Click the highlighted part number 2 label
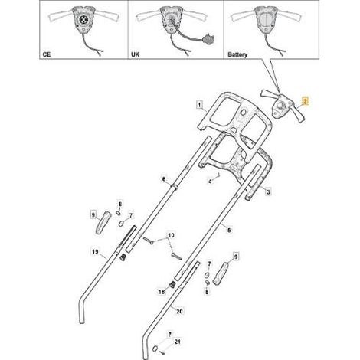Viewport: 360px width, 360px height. click(x=305, y=101)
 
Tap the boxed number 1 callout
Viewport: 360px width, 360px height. click(x=199, y=105)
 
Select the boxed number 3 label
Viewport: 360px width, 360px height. click(x=268, y=191)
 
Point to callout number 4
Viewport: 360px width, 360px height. click(x=210, y=182)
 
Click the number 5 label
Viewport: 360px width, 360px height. click(x=229, y=230)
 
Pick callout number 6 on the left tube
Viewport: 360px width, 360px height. click(x=164, y=179)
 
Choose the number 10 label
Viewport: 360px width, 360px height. click(x=172, y=235)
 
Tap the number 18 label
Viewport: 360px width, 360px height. click(x=162, y=291)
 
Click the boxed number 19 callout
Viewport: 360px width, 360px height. click(x=95, y=252)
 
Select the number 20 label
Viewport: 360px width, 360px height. click(x=179, y=311)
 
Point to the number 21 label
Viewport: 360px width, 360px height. click(x=177, y=342)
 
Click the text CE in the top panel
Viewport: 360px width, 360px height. click(x=47, y=54)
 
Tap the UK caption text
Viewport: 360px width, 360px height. click(x=136, y=54)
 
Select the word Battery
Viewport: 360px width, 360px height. click(x=237, y=54)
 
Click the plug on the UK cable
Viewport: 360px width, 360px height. click(x=208, y=39)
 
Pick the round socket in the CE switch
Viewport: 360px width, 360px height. click(x=83, y=19)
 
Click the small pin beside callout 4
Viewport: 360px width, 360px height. click(x=218, y=175)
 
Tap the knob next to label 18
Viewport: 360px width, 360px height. click(x=172, y=284)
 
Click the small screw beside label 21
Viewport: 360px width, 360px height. click(x=162, y=352)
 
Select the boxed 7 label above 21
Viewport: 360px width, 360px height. click(x=170, y=334)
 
